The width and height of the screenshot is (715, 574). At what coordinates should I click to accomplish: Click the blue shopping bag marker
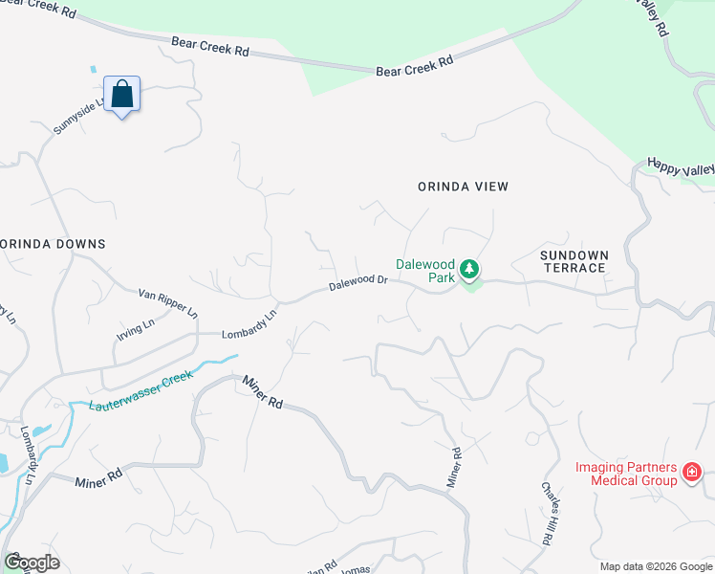point(121,95)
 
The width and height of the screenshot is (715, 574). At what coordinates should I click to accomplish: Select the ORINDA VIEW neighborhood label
point(463,187)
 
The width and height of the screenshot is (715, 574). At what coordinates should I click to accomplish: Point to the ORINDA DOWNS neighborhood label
point(53,244)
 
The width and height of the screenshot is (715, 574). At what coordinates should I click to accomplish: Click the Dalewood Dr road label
point(358,283)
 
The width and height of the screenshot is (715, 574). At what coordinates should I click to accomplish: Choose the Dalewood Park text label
point(425,271)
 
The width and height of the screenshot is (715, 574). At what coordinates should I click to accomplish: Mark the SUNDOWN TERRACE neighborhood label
point(573,261)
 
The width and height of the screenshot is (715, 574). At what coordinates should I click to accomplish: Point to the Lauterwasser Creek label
point(141,390)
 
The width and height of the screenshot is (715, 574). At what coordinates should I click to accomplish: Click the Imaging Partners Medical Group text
point(626,474)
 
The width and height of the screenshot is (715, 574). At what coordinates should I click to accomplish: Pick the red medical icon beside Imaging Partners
point(691,472)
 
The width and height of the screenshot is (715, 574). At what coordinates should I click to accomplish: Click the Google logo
point(32,563)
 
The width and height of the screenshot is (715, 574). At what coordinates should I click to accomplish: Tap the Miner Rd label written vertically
point(456,468)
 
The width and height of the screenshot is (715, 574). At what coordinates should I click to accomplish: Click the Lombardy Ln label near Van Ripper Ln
point(249,324)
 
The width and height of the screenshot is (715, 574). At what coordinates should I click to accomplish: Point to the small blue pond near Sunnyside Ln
point(93,69)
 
